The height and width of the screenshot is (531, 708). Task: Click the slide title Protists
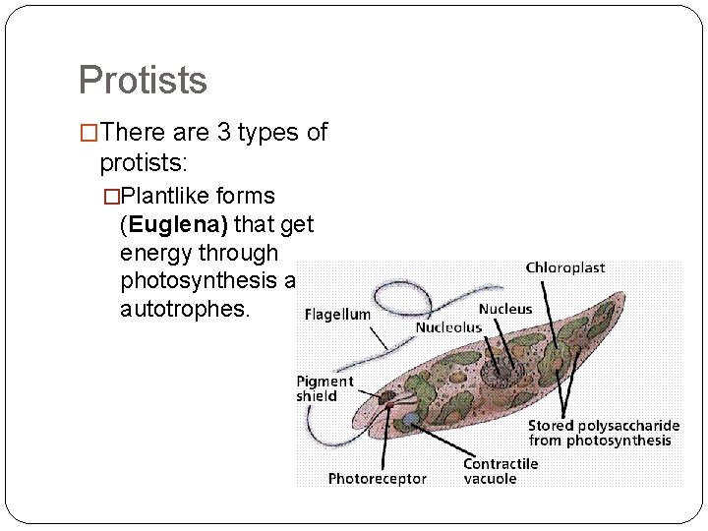143,80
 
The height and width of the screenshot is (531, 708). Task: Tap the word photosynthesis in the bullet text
202,281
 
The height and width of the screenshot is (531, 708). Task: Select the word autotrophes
185,310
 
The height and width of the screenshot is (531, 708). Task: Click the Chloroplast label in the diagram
564,267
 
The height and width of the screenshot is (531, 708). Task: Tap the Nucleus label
505,309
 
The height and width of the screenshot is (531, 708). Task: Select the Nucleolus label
448,326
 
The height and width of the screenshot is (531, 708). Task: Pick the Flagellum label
337,315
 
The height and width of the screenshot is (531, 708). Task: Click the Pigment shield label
324,388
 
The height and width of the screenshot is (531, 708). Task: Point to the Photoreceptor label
377,478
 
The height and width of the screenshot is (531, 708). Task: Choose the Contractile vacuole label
501,470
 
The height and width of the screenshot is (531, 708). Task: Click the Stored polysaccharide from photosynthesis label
603,433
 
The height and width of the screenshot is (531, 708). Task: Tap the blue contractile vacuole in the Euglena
408,419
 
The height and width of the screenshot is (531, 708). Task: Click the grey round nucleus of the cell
497,369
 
